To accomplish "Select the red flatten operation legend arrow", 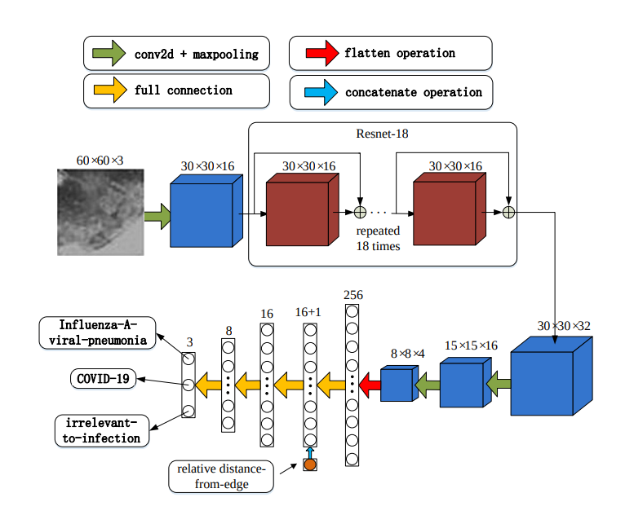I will (x=319, y=54).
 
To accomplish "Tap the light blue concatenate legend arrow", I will (x=320, y=92).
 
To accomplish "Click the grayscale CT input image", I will (x=100, y=212).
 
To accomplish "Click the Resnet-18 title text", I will (x=382, y=135).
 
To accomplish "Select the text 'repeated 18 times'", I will (x=378, y=238).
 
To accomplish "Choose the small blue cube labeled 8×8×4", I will (x=398, y=384).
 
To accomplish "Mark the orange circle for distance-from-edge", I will (x=309, y=464).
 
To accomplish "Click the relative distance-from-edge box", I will (x=220, y=477).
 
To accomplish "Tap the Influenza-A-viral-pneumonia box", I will (x=96, y=332).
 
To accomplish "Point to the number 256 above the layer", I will (x=352, y=294).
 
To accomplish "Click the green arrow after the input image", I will (x=156, y=216).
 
